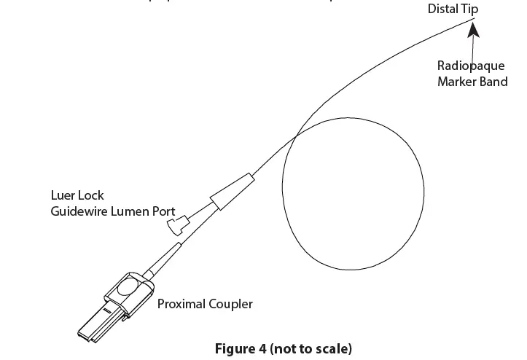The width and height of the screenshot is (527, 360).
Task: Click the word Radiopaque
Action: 471,66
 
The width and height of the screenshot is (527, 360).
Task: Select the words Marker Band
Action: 472,82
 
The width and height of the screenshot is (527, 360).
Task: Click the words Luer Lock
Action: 77,195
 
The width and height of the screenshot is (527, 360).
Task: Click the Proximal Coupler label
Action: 205,304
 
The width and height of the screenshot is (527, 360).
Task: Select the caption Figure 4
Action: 240,348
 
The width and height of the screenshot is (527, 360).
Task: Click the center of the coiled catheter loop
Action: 354,191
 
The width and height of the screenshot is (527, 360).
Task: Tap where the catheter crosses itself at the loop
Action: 295,136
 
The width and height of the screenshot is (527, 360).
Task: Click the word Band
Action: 493,82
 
